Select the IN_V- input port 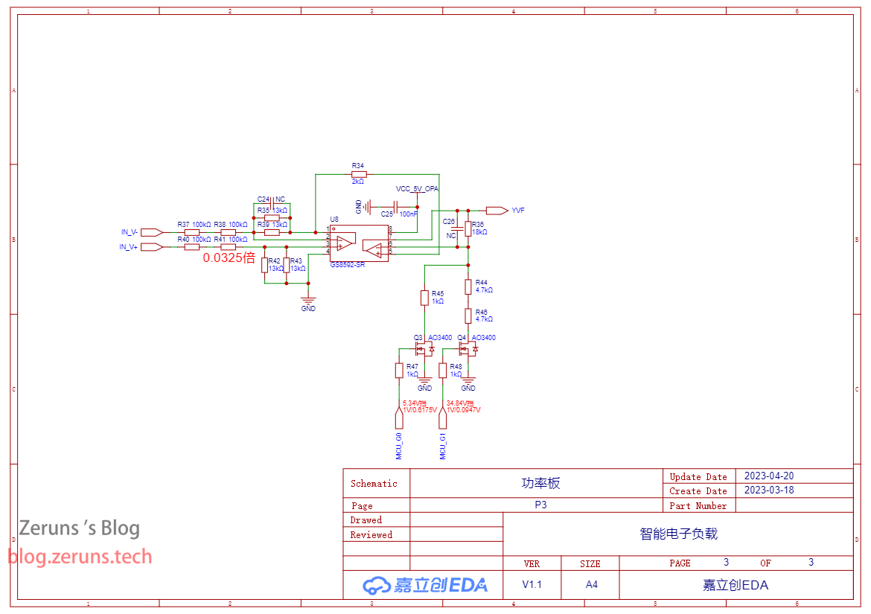point(151,232)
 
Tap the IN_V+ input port point(151,246)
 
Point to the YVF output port point(497,211)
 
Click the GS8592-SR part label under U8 point(348,264)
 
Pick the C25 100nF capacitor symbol point(398,206)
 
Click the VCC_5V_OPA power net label point(417,189)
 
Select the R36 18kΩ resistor point(468,228)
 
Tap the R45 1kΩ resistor point(424,298)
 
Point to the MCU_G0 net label point(399,445)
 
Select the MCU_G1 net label point(443,445)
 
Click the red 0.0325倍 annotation point(229,258)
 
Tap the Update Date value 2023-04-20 point(769,476)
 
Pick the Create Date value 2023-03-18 point(769,490)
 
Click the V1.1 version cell point(532,584)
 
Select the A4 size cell point(591,584)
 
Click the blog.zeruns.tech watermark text point(80,557)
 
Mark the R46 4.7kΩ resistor point(468,316)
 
